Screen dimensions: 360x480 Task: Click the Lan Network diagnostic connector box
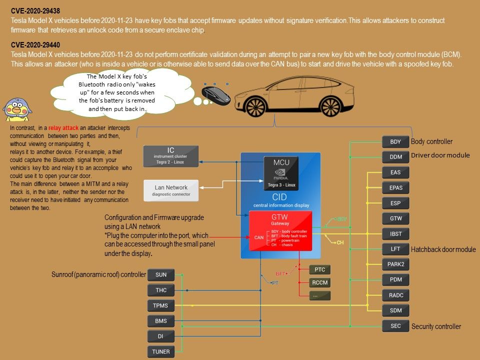(170, 190)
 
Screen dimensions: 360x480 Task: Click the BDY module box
(395, 141)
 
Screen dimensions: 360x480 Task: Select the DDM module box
(395, 157)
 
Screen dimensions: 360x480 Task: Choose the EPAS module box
(395, 187)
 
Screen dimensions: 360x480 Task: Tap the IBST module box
(395, 233)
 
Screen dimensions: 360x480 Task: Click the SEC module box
(395, 326)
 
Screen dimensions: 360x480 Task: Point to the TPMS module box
(160, 305)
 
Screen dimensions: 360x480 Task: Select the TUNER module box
(160, 351)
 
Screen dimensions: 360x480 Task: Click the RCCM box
(320, 282)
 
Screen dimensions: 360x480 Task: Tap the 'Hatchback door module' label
(443, 249)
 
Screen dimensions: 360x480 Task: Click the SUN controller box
(160, 274)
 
